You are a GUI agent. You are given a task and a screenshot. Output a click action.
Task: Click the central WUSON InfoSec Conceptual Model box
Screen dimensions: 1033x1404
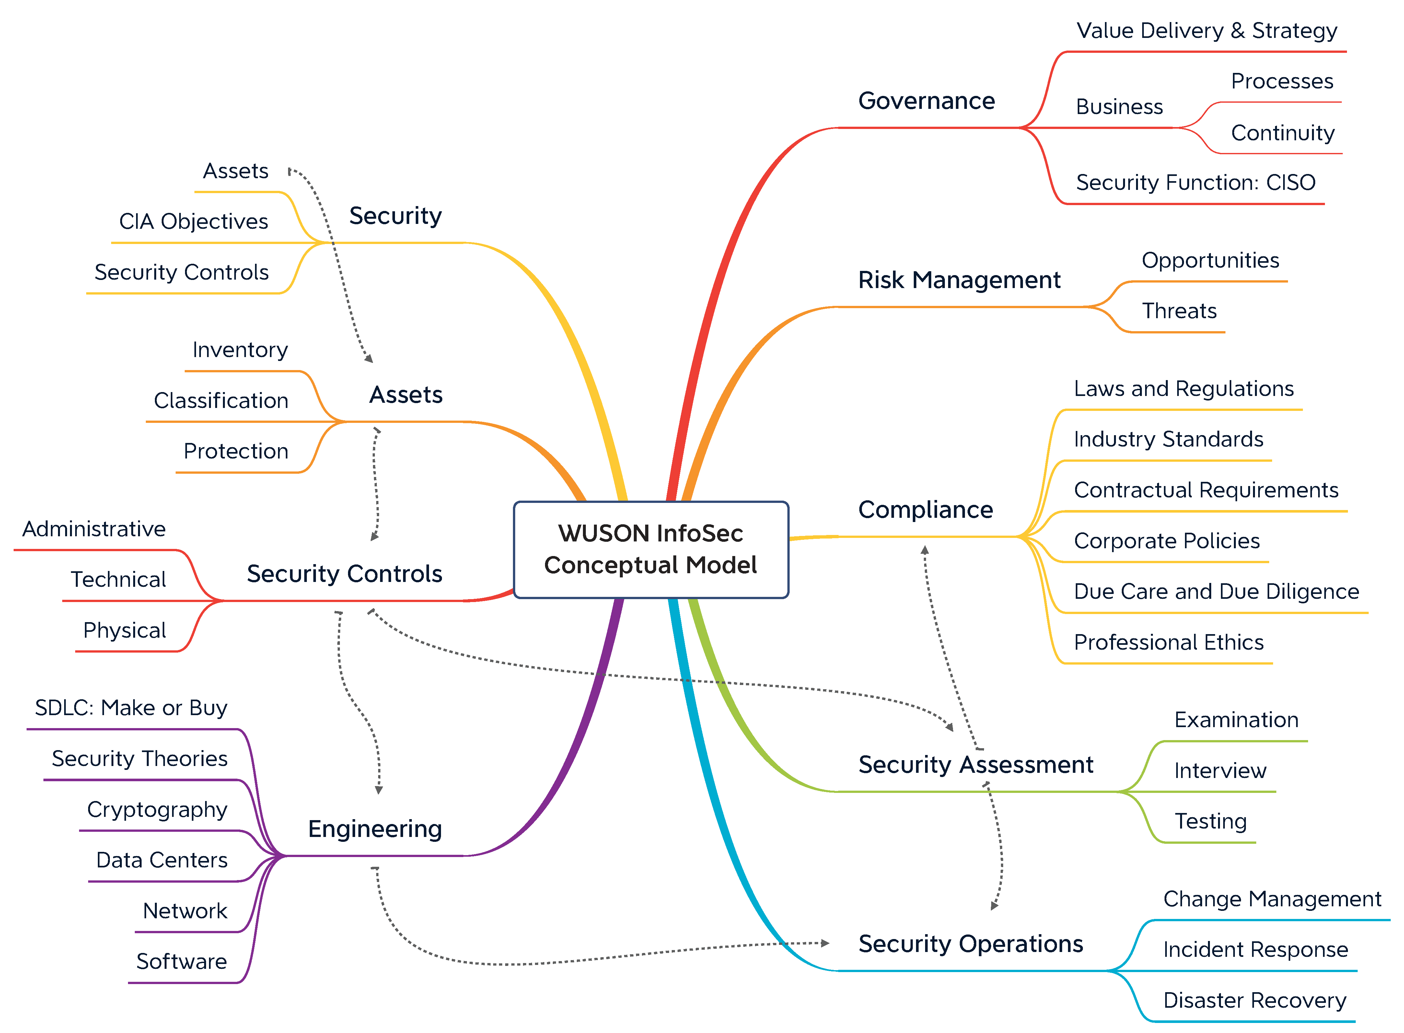click(651, 549)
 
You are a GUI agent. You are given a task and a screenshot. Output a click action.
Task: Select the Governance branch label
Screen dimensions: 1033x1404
click(926, 101)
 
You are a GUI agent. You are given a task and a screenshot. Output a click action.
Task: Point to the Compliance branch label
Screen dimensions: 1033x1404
click(925, 510)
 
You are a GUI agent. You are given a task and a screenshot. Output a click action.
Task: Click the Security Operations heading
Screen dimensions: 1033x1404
click(970, 944)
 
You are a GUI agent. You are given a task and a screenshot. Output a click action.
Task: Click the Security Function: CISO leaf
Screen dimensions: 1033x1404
click(1195, 182)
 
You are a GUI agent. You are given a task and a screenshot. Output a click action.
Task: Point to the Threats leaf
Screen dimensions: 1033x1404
click(1179, 311)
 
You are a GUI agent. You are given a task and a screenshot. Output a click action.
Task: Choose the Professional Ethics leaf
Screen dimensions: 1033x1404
click(1168, 642)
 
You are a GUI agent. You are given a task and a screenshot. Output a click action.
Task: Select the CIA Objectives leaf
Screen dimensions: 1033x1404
click(193, 221)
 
